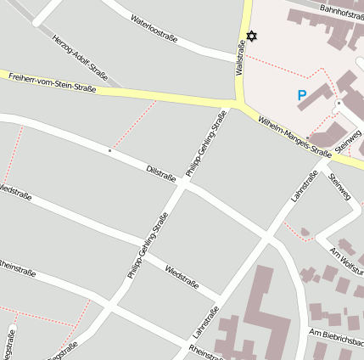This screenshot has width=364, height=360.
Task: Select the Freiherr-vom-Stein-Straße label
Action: coord(52,82)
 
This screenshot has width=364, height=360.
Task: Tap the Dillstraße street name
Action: coord(160,173)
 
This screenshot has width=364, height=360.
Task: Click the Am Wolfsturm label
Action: coord(347,257)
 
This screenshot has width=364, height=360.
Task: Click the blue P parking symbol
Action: coord(302,97)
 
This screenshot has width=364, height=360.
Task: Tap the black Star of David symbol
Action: coord(250,37)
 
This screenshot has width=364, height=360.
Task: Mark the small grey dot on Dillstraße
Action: coord(109,150)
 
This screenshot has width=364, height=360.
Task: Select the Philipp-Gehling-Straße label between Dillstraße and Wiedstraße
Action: coord(148,245)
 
